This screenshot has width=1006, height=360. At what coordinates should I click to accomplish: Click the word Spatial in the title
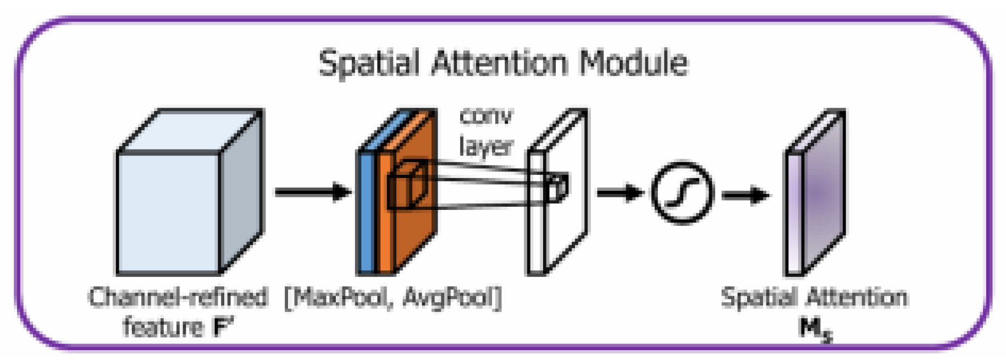369,63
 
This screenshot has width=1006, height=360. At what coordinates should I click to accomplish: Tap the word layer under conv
486,146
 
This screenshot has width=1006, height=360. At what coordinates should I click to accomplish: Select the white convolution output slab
566,220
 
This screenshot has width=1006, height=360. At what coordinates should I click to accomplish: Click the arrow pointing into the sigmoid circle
619,192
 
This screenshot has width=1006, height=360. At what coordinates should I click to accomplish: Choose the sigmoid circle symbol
682,192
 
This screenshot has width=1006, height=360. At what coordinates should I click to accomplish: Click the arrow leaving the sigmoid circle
745,195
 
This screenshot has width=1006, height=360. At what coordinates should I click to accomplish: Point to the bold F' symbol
223,328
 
